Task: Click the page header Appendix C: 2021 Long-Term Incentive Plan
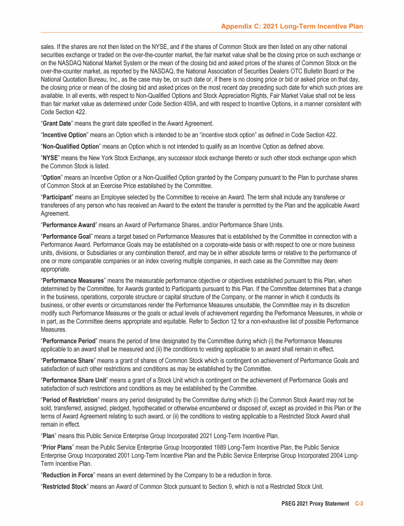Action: click(x=292, y=26)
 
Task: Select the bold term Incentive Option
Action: click(x=64, y=135)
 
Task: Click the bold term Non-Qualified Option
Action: click(x=70, y=146)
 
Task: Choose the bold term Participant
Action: click(x=60, y=197)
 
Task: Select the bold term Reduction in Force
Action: click(x=68, y=475)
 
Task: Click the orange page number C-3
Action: click(x=359, y=504)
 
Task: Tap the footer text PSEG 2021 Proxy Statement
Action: click(x=315, y=504)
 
